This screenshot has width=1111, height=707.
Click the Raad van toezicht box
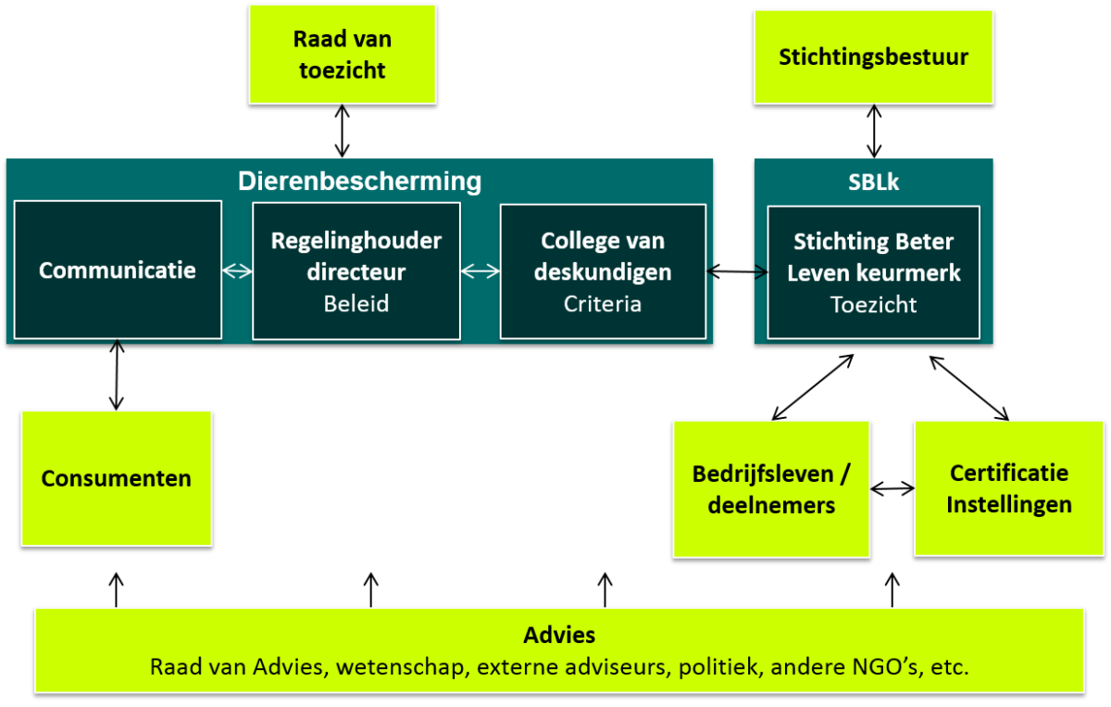[x=343, y=54]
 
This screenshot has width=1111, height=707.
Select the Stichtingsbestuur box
[x=873, y=57]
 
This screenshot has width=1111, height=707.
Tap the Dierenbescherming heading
[x=359, y=181]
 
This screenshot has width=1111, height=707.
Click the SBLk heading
[x=873, y=183]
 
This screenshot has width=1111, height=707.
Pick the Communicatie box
[x=118, y=270]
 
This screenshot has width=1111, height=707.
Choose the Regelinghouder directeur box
[x=356, y=270]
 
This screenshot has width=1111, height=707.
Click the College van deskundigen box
[x=603, y=270]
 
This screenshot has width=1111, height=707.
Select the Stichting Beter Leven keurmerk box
[x=873, y=271]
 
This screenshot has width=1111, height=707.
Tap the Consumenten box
[x=117, y=478]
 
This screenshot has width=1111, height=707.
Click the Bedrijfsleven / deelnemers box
[x=771, y=488]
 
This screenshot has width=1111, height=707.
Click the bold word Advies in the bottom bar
[x=559, y=635]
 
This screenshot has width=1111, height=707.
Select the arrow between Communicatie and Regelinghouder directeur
[x=237, y=271]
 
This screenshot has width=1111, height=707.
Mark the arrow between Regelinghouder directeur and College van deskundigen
[x=480, y=271]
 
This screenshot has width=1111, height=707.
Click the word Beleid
[x=356, y=303]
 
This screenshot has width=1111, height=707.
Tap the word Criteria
[x=603, y=303]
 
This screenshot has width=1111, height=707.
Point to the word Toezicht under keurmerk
[x=873, y=305]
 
